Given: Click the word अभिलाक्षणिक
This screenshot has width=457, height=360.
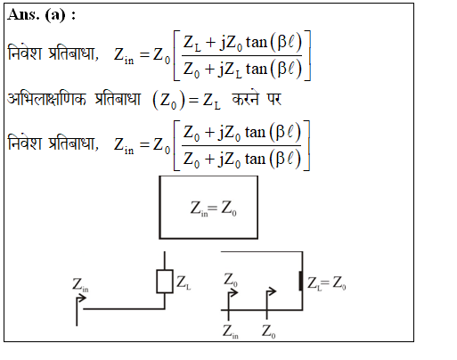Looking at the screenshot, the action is tap(46, 99).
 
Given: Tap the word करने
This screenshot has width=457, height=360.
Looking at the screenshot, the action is tap(245, 98).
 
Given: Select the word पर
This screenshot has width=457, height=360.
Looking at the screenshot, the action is tap(273, 99).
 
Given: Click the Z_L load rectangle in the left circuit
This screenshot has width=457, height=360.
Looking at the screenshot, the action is tap(165, 282).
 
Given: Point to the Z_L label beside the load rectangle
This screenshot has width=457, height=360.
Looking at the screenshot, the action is tap(184, 282).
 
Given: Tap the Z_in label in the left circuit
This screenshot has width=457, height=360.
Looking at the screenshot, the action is tap(80, 285).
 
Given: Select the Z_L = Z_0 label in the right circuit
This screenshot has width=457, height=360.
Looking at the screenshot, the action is tap(326, 283).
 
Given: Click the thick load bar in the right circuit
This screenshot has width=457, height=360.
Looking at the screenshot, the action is tap(301, 281).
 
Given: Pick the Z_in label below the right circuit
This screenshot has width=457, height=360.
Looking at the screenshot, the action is tap(231, 331).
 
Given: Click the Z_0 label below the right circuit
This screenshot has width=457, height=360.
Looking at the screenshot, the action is tap(268, 331).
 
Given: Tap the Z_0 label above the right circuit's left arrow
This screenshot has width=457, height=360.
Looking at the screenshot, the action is tap(231, 280).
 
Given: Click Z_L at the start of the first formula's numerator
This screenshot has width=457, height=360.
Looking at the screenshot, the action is tap(192, 42).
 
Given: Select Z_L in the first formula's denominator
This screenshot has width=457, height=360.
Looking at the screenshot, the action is tap(233, 70).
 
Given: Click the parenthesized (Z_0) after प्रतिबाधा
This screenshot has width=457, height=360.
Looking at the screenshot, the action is tap(168, 101).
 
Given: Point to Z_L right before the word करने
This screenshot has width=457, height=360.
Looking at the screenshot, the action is tap(212, 101).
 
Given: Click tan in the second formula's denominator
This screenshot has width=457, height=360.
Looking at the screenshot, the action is tap(255, 160).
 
